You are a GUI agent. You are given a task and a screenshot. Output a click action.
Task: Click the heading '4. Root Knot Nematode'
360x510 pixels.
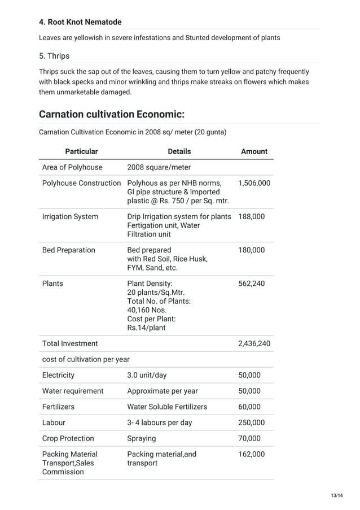[80, 22]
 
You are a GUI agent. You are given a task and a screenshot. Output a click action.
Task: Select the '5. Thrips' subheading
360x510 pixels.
[54, 56]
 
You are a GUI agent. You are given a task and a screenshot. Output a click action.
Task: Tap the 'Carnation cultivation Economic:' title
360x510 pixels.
[112, 115]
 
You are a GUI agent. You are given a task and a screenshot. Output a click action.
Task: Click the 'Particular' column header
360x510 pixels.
[81, 151]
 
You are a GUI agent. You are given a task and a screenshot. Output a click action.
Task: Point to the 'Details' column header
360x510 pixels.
[179, 151]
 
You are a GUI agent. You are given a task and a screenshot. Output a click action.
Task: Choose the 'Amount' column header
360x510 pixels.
[254, 151]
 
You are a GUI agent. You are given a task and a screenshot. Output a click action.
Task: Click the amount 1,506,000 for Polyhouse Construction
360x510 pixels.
[254, 183]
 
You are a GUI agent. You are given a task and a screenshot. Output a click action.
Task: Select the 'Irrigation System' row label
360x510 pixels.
[70, 216]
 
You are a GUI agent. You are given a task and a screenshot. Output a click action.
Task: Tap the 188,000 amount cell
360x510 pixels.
[251, 216]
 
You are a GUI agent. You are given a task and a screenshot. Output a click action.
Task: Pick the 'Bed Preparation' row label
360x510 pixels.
[68, 250]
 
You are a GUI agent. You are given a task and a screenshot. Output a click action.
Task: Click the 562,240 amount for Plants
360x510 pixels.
[251, 284]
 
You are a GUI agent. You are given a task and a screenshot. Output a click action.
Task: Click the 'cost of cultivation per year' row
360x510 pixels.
[86, 359]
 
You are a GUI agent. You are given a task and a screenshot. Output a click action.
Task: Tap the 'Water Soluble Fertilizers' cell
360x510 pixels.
[167, 407]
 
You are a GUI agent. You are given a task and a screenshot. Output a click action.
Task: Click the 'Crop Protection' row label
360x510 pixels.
[68, 438]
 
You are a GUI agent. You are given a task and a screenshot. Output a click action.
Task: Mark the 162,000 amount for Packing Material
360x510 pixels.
[251, 454]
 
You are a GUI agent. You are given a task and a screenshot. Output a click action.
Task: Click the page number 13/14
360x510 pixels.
[337, 495]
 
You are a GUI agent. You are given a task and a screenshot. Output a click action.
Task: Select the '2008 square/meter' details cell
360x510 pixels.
[159, 167]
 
